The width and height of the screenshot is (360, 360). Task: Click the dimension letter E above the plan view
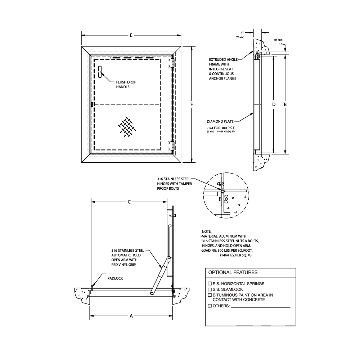click(131, 35)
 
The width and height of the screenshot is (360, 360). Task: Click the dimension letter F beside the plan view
click(192, 104)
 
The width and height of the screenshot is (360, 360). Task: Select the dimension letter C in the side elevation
click(129, 202)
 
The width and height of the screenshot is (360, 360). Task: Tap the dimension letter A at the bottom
click(131, 316)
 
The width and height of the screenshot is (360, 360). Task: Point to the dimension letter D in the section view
click(274, 104)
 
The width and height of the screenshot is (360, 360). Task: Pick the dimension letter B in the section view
click(285, 104)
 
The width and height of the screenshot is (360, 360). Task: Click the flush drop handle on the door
click(100, 72)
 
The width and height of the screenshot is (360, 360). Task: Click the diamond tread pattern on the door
click(126, 127)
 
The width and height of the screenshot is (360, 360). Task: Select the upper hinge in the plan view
click(172, 63)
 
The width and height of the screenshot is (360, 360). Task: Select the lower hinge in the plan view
click(172, 146)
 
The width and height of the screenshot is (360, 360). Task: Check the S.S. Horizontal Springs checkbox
click(210, 284)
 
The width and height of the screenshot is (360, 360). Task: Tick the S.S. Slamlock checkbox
click(210, 289)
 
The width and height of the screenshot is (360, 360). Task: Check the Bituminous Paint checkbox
click(210, 295)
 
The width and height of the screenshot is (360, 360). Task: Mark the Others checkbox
click(210, 306)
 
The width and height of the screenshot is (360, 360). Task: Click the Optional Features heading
click(233, 273)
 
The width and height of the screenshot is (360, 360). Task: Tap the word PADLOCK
click(115, 278)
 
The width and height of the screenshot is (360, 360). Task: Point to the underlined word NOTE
click(207, 231)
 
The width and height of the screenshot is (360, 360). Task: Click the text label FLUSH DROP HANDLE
click(126, 85)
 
